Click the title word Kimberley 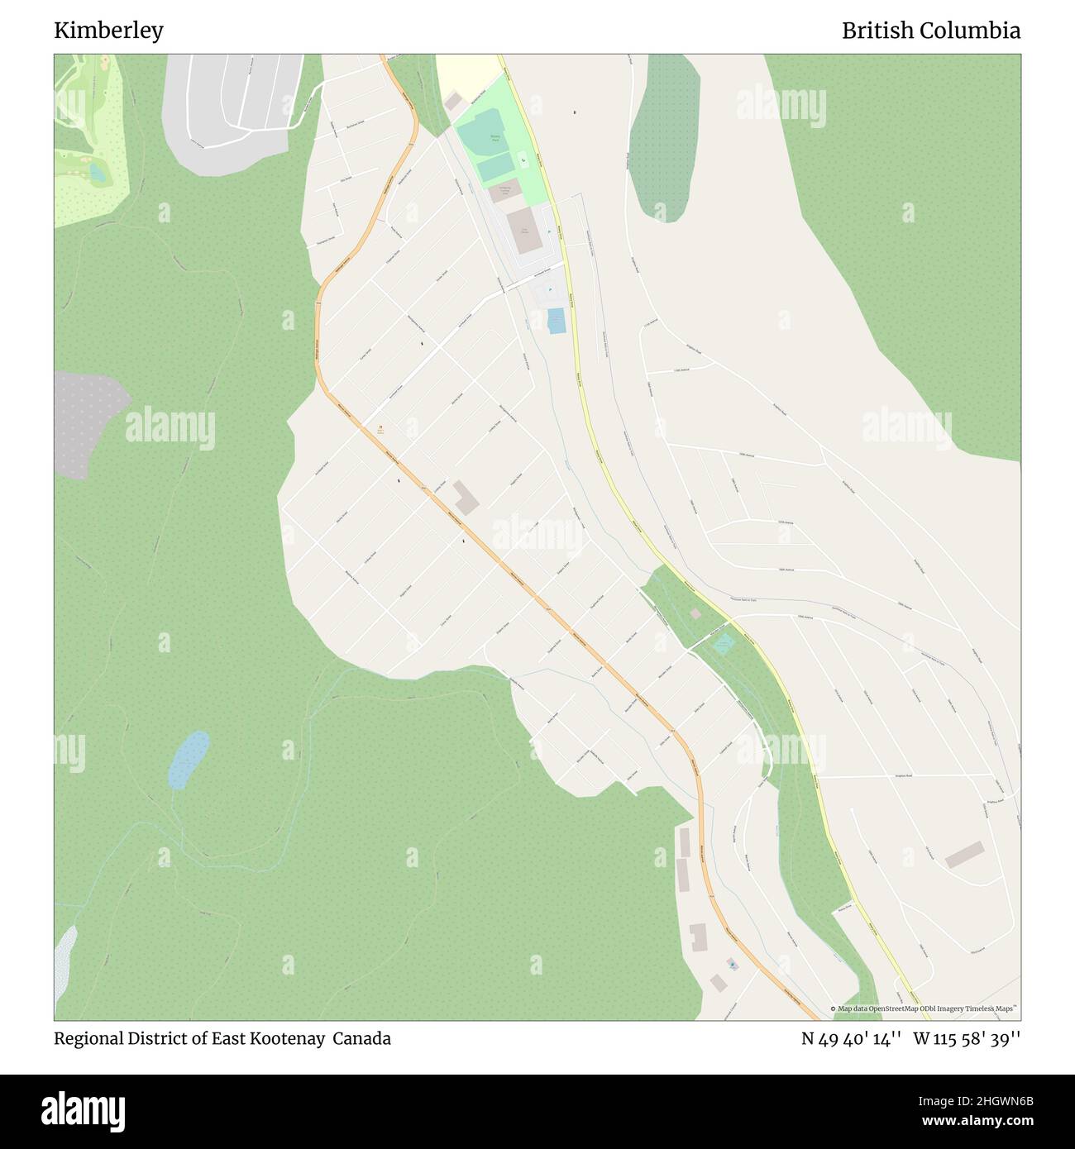[x=108, y=31]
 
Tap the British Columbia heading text [x=930, y=31]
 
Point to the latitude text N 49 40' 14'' [x=851, y=1038]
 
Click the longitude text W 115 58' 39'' [x=967, y=1038]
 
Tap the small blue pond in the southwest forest [x=189, y=759]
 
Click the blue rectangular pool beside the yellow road [x=557, y=320]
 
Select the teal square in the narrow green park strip [x=724, y=642]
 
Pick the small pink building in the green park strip [x=695, y=613]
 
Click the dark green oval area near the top [x=664, y=136]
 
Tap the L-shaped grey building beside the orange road [x=465, y=498]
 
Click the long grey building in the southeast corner [x=965, y=854]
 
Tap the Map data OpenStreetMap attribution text [x=926, y=1009]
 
